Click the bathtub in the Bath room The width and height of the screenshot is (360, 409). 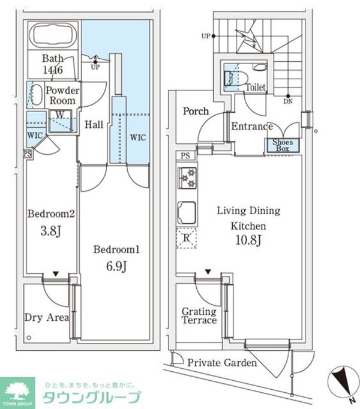(53, 35)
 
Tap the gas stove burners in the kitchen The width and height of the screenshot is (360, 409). (187, 178)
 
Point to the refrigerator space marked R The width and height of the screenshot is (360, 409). (187, 238)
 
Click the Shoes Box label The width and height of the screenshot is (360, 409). (283, 145)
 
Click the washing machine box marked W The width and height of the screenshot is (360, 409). (61, 121)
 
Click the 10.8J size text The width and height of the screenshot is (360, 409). (248, 240)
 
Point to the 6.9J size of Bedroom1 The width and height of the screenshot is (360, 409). (116, 266)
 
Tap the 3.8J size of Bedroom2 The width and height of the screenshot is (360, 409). (51, 231)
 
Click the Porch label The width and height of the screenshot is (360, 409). (196, 112)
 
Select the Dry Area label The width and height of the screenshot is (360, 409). (47, 317)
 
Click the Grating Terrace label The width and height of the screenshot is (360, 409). (199, 315)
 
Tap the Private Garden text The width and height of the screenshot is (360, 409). (222, 363)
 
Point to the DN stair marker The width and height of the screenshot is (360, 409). (288, 101)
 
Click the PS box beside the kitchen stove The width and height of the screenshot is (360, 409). (185, 156)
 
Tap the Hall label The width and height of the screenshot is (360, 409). (94, 125)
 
